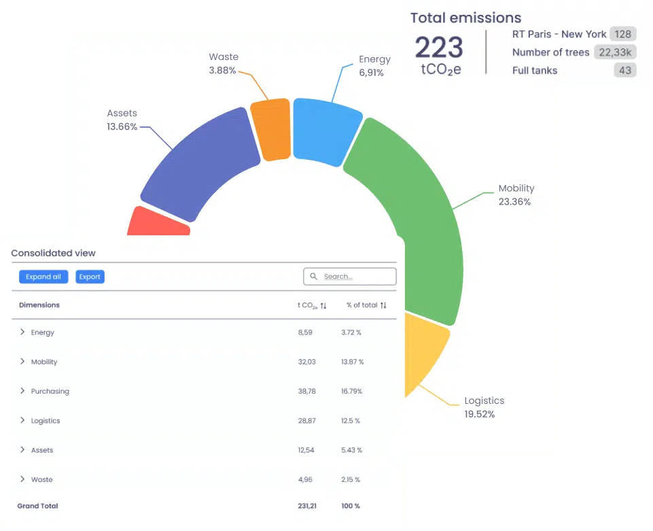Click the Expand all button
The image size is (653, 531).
pyautogui.click(x=43, y=277)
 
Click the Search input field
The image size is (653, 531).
pyautogui.click(x=349, y=276)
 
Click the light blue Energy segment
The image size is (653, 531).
pyautogui.click(x=326, y=131)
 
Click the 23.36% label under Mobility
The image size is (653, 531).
pyautogui.click(x=514, y=202)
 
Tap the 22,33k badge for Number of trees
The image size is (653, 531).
pyautogui.click(x=614, y=52)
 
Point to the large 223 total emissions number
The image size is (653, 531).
pyautogui.click(x=439, y=48)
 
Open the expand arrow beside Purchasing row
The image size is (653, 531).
pyautogui.click(x=22, y=391)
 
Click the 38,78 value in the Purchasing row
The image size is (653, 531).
pyautogui.click(x=306, y=392)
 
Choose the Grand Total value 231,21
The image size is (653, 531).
pyautogui.click(x=306, y=506)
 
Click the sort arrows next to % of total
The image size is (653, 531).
pyautogui.click(x=383, y=305)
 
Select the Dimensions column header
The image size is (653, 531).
pyautogui.click(x=39, y=305)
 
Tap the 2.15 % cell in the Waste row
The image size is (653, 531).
pyautogui.click(x=351, y=480)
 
